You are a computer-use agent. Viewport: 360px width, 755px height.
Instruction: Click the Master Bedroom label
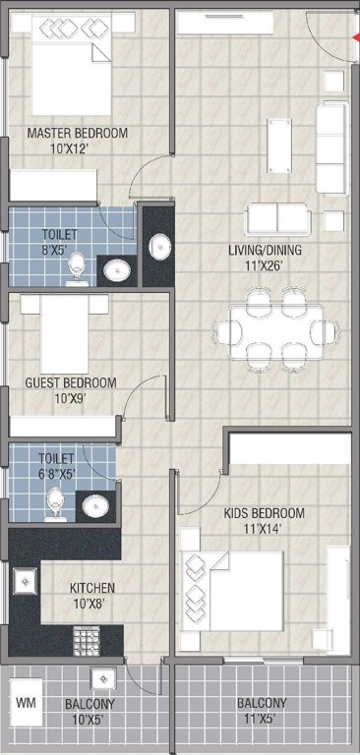click(x=78, y=134)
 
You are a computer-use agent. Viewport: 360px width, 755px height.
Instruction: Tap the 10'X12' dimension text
click(x=78, y=149)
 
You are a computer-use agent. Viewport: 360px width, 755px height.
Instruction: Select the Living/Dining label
click(x=265, y=250)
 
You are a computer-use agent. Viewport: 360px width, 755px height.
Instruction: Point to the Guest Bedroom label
click(x=70, y=382)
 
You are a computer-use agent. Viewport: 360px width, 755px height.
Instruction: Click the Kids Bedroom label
click(x=264, y=513)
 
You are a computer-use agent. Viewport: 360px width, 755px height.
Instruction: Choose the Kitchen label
click(x=91, y=588)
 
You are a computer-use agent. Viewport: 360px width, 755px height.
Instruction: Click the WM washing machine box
click(x=26, y=705)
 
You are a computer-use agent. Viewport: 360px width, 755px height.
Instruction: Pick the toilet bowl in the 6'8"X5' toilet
click(x=56, y=504)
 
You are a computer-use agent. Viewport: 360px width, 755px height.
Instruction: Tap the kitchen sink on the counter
click(x=23, y=583)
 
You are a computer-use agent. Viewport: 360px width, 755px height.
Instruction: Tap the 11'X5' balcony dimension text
click(x=262, y=720)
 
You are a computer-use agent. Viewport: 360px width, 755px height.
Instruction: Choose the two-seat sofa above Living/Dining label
click(x=277, y=218)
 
